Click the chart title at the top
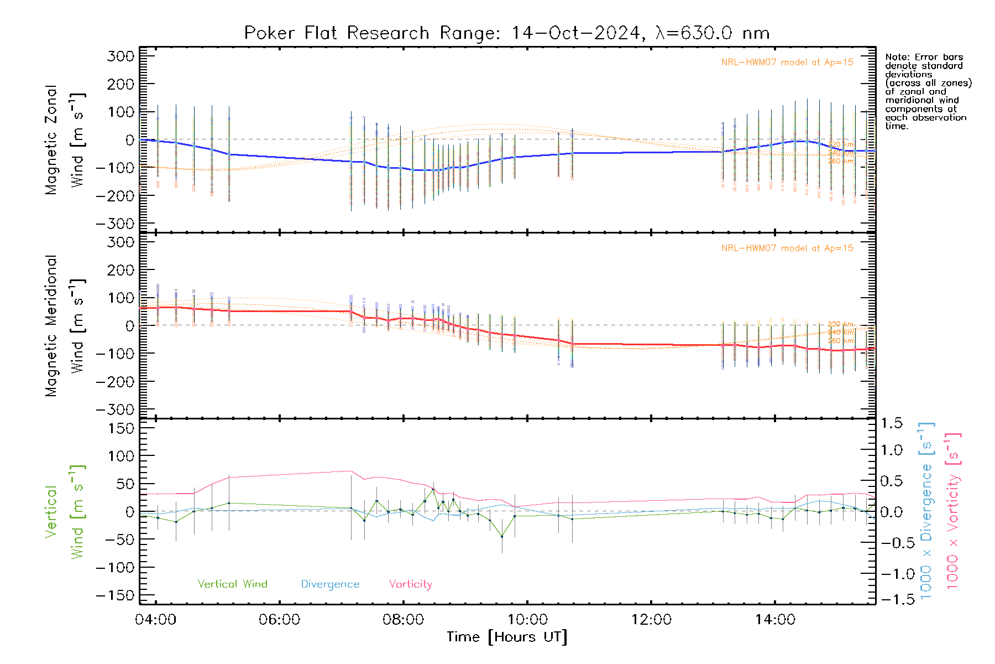(507, 33)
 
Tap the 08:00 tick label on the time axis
(403, 619)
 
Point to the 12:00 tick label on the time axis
(651, 619)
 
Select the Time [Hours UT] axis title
(507, 637)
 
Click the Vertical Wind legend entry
(232, 584)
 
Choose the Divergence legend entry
(330, 584)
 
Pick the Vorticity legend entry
(410, 584)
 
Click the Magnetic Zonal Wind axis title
(65, 140)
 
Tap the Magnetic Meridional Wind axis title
(65, 326)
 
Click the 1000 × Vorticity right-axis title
(953, 511)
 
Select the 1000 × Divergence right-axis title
(926, 511)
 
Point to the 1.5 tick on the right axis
(891, 423)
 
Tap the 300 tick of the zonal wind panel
(121, 56)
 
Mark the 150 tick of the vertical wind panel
(121, 428)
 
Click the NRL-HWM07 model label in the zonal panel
(787, 63)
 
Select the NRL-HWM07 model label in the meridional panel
(787, 248)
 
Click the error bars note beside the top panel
(928, 91)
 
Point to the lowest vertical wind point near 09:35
(502, 536)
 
